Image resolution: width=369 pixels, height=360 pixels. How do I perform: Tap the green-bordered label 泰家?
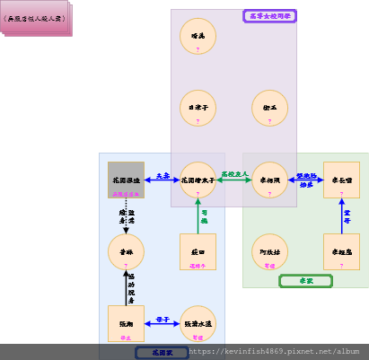click(305, 281)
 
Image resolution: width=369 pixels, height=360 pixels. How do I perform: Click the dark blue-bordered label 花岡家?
click(162, 353)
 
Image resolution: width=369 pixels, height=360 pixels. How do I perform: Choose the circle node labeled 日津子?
click(198, 108)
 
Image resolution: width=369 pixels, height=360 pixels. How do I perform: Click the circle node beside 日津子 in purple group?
click(269, 108)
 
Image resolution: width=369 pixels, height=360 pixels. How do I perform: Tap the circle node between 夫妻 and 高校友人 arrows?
click(198, 180)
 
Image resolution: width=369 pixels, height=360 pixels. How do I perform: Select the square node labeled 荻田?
click(198, 251)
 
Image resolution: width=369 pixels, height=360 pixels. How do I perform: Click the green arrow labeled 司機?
click(198, 215)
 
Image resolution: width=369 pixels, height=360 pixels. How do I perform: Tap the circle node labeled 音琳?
click(126, 251)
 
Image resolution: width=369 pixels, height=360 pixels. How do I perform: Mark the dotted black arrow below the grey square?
click(126, 215)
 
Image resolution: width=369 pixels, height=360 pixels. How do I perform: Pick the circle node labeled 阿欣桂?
click(269, 251)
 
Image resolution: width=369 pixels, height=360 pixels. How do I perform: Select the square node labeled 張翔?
click(126, 323)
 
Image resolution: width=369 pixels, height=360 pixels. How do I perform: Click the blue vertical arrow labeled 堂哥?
click(341, 215)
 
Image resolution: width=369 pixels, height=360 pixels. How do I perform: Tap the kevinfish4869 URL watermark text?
click(278, 353)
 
